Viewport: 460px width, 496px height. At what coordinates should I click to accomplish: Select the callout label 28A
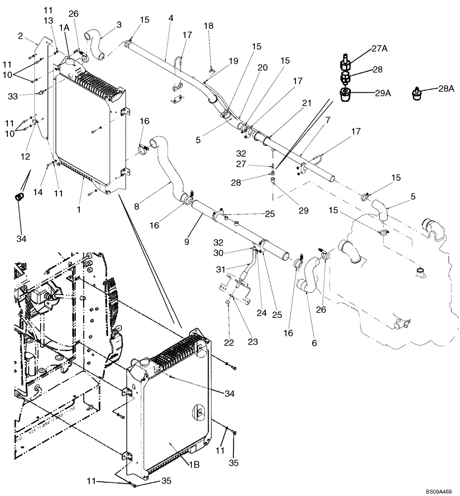click(446, 88)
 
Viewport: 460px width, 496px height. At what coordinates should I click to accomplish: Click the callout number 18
click(209, 25)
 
